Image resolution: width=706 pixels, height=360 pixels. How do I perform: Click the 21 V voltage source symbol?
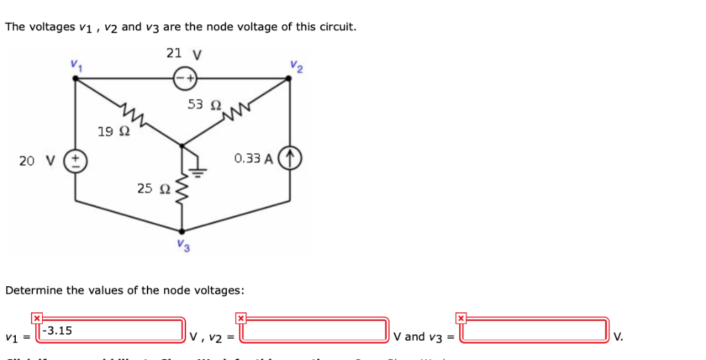pyautogui.click(x=186, y=78)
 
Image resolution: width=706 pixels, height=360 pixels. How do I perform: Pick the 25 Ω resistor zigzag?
pyautogui.click(x=182, y=190)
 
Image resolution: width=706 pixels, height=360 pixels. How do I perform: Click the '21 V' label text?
pyautogui.click(x=184, y=53)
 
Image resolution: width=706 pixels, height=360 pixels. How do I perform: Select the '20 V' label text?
pyautogui.click(x=37, y=161)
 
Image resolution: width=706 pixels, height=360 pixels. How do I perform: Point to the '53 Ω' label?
pyautogui.click(x=204, y=104)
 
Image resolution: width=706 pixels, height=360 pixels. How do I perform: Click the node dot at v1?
pyautogui.click(x=74, y=78)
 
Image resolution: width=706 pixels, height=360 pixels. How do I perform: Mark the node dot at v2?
pyautogui.click(x=290, y=78)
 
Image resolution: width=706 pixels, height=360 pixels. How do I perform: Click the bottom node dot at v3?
pyautogui.click(x=182, y=232)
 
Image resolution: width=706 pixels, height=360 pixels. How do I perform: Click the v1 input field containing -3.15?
pyautogui.click(x=112, y=330)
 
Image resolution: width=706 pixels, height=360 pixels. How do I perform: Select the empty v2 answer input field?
pyautogui.click(x=314, y=330)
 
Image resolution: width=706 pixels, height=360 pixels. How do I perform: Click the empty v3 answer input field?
pyautogui.click(x=535, y=330)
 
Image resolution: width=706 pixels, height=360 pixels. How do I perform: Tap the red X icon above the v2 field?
pyautogui.click(x=241, y=318)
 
